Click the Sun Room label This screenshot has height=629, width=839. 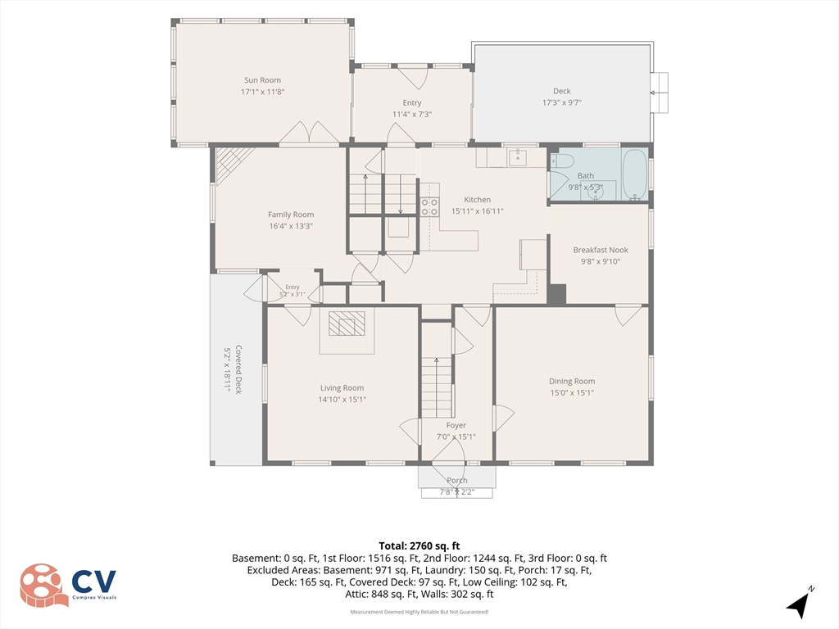[x=262, y=80]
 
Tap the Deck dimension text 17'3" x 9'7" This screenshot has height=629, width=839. [x=562, y=102]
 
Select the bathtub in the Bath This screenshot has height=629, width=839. [x=635, y=175]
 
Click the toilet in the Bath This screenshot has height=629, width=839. [x=562, y=161]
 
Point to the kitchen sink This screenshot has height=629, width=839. [x=518, y=158]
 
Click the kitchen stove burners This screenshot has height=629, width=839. [x=429, y=207]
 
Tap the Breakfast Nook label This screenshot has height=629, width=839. [x=601, y=250]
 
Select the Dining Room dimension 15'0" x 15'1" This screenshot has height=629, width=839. [x=572, y=392]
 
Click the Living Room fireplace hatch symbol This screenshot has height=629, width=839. [x=347, y=323]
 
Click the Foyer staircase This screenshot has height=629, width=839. [x=437, y=387]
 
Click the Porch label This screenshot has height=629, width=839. [x=457, y=480]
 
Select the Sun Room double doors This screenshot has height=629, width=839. [x=309, y=133]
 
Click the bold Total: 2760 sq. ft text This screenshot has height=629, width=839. [x=419, y=546]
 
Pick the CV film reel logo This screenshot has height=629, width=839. [x=44, y=585]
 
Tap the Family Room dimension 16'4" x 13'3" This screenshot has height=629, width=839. [x=291, y=226]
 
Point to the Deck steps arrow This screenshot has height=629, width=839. [x=660, y=93]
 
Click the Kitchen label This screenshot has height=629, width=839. [x=478, y=200]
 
